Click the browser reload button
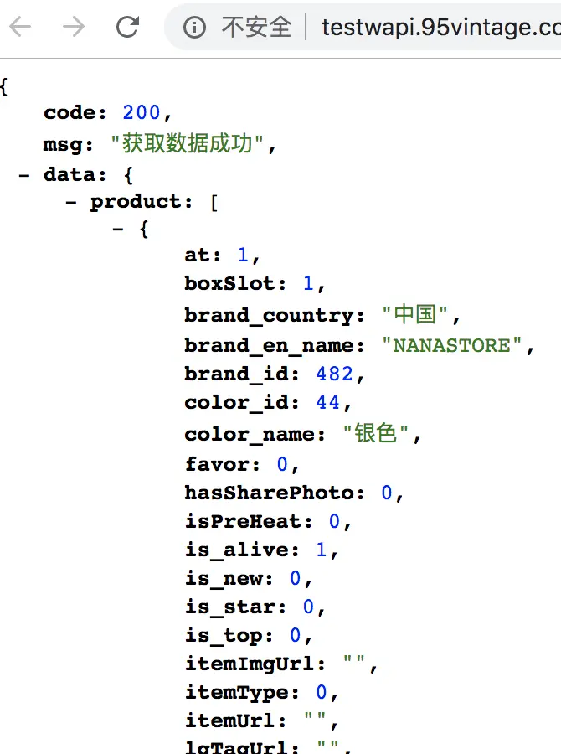tap(127, 27)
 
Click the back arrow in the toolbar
tap(19, 27)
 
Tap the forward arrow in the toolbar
tap(74, 27)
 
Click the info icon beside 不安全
tap(194, 28)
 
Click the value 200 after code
tap(141, 113)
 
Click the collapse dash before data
tap(24, 175)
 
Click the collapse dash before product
tap(71, 202)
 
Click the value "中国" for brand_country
tap(415, 315)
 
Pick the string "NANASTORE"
tap(452, 345)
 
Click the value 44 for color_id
tap(327, 403)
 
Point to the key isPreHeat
tap(244, 522)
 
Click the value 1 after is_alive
tap(322, 550)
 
